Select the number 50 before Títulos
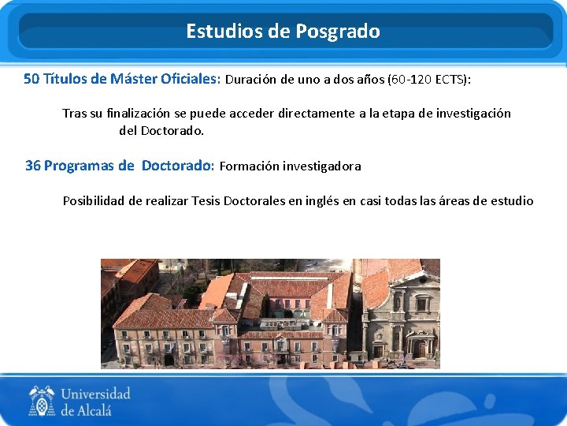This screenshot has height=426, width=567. (x=31, y=79)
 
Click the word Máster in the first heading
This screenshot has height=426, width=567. (x=134, y=79)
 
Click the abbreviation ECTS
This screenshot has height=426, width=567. (x=446, y=80)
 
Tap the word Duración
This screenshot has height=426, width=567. (x=253, y=80)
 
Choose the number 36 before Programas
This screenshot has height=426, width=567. (x=33, y=166)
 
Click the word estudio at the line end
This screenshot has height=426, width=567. (x=513, y=201)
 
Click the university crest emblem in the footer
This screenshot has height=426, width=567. (x=42, y=401)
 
